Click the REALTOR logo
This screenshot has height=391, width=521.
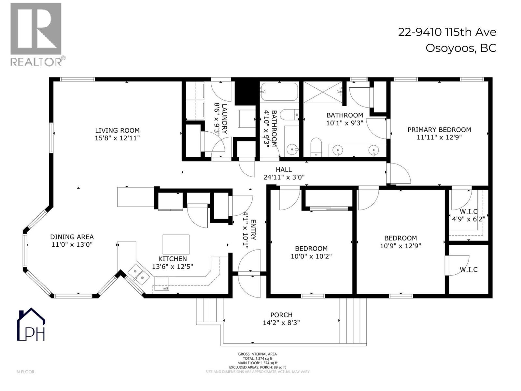coord(36,34)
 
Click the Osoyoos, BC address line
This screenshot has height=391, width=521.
coord(461,48)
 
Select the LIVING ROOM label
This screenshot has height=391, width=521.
coord(117,130)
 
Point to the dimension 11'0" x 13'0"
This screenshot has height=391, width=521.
coord(72,245)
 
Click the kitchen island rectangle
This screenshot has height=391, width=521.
coord(176,244)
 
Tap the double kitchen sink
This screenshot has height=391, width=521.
coord(138,274)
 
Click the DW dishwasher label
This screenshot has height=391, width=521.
coord(165,289)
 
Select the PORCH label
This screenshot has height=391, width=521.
coord(281,315)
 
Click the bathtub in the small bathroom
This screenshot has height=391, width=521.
coord(279,92)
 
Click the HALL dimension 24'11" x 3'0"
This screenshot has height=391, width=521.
coord(284,177)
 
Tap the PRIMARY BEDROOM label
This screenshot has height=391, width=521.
coord(439,130)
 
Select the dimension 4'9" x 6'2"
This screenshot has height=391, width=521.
coord(469,219)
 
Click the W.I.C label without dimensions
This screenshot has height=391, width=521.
coord(469,269)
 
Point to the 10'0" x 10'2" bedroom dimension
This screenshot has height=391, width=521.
coord(311,256)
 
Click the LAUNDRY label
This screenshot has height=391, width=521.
coord(224,119)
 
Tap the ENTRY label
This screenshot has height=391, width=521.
coord(253,230)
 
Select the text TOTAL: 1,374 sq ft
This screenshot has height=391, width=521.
coord(257,358)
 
